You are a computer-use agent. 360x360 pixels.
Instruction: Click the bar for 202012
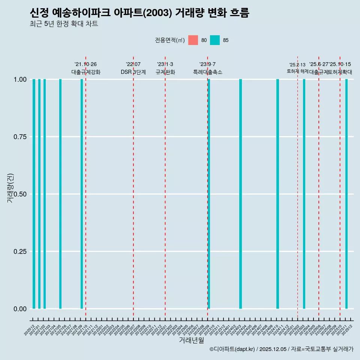pos(34,194)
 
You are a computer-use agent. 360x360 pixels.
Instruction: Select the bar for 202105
pos(60,194)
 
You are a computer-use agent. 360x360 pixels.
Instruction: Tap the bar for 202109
pos(82,194)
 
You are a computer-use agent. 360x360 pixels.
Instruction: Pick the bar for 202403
pos(240,194)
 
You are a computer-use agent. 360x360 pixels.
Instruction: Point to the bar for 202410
pos(277,194)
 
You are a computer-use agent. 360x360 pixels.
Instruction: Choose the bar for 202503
pos(304,194)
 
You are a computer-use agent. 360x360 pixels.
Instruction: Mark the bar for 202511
pos(346,194)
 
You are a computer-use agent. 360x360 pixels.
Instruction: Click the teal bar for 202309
pos(209,194)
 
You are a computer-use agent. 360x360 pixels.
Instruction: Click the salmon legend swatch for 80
pos(193,40)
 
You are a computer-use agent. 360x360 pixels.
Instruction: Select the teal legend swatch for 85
pos(215,40)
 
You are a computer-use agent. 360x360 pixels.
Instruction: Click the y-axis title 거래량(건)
pos(10,187)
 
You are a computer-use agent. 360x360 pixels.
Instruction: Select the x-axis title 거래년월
pos(191,340)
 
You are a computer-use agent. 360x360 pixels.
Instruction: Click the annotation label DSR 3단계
pos(133,72)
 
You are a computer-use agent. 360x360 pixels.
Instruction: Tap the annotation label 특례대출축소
pos(207,72)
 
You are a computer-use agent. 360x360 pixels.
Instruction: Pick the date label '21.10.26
pos(85,64)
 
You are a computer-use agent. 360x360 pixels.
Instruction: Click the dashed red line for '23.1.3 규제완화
pos(165,187)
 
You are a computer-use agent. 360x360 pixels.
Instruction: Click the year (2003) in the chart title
pos(157,13)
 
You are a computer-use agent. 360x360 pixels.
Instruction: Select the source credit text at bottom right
pos(281,349)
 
